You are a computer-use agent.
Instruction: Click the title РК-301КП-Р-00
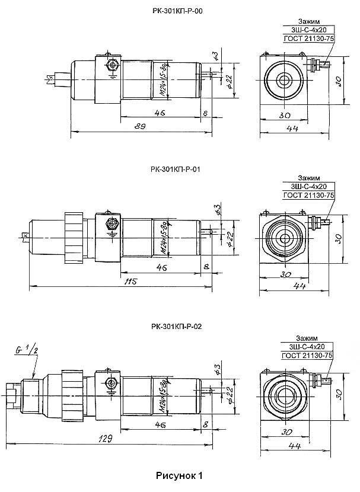[180, 11]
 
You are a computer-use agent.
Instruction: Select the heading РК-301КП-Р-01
[180, 169]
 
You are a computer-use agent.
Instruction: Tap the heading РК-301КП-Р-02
[180, 325]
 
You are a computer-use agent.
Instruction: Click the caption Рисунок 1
[180, 475]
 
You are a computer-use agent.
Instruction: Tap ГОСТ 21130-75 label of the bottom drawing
[308, 354]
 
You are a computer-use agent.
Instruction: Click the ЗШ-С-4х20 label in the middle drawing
[308, 187]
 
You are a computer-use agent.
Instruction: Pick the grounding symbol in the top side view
[111, 75]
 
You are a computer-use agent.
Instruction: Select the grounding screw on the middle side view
[109, 224]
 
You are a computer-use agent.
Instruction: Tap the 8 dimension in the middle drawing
[205, 267]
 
